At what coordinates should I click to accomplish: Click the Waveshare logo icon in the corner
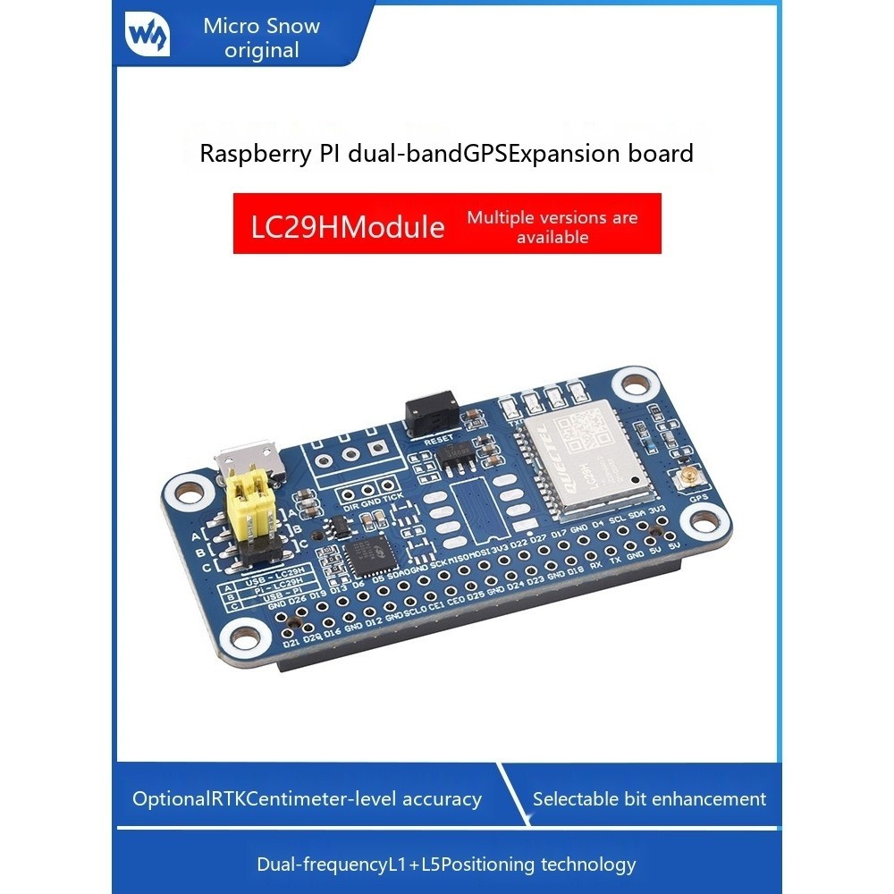149,35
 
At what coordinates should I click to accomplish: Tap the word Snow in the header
299,26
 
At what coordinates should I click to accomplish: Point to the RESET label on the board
440,440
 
